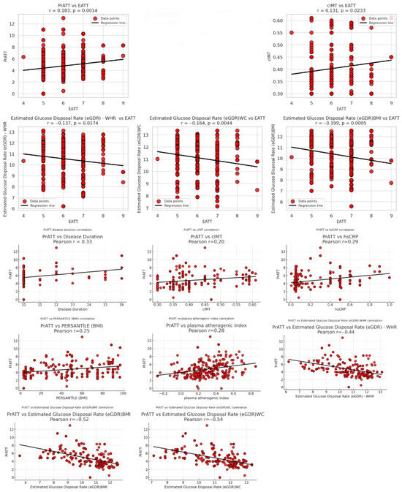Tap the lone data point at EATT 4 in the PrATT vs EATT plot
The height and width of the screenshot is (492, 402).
coord(23,56)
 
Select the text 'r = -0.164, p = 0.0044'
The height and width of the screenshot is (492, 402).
coord(202,118)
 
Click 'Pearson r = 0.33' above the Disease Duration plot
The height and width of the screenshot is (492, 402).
coord(67,242)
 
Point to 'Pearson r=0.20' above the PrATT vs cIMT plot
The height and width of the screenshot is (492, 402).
coord(202,242)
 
